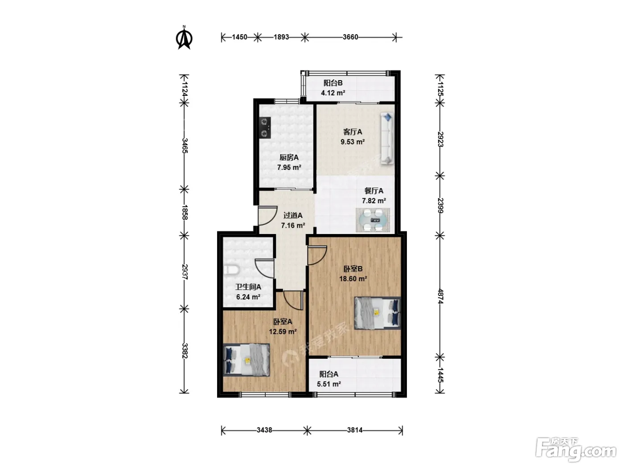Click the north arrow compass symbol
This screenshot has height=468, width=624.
185,37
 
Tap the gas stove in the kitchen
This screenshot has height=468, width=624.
265,127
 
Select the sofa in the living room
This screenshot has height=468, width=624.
387,138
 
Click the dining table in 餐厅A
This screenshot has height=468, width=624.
373,220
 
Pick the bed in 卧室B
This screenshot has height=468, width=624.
378,313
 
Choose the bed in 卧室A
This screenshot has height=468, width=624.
246,360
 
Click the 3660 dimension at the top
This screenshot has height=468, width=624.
350,37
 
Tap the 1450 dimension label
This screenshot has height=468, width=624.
239,37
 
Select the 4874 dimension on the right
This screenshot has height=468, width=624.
440,296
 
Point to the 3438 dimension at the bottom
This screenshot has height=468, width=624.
264,430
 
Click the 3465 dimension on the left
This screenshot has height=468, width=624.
185,145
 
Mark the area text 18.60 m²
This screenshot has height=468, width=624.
353,279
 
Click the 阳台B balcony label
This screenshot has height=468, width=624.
333,83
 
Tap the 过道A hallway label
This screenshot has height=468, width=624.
293,215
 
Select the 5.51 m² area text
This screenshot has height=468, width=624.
329,384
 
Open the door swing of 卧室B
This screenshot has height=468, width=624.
317,255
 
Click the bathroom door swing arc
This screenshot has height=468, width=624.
264,268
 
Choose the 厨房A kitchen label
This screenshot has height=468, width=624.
289,157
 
